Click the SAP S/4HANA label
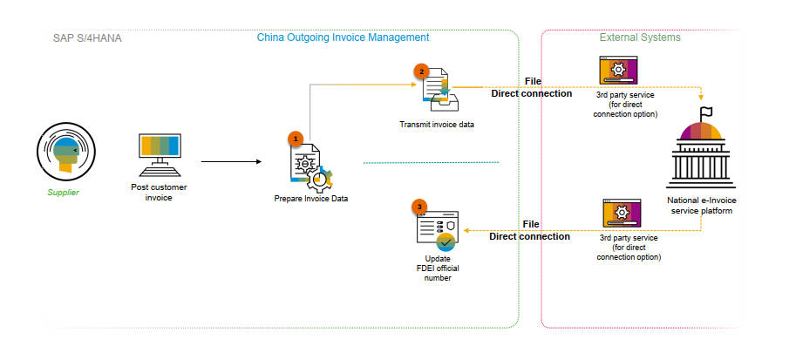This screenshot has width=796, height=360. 87,38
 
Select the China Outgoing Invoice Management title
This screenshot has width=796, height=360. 343,37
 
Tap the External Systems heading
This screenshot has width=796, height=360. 640,37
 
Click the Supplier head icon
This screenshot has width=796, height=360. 66,152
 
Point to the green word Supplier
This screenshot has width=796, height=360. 64,193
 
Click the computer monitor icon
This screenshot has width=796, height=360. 160,155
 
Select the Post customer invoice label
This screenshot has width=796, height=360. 159,193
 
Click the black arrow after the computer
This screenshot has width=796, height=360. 231,162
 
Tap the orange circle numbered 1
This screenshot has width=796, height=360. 296,138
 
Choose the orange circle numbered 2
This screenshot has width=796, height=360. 421,71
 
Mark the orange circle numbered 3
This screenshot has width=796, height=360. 418,207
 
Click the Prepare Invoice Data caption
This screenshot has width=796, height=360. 311,199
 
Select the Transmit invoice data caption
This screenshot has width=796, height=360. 437,125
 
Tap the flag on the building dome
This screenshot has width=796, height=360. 705,112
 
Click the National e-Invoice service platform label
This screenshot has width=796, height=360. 702,206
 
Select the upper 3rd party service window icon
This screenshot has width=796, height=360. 618,70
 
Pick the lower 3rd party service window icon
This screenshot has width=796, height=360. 622,213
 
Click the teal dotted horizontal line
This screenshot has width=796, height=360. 432,162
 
